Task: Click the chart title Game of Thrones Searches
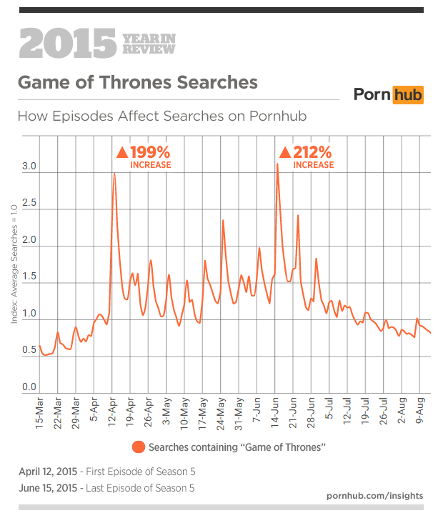137,82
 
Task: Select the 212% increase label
307,157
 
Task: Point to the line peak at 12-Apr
114,174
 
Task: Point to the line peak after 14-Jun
277,164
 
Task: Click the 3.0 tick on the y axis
29,166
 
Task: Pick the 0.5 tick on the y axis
29,350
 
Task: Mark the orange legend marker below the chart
139,447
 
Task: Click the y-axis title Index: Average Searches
14,264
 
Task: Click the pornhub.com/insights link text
374,495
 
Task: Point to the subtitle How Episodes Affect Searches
162,116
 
